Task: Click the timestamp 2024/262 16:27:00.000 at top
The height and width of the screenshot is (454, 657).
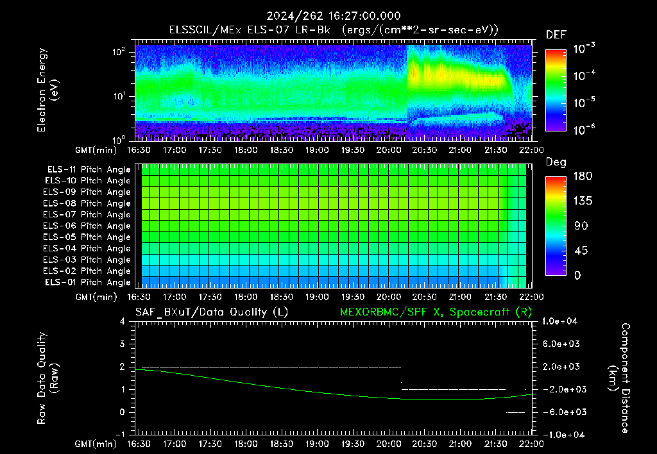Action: point(334,16)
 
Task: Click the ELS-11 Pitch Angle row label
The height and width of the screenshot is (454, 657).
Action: point(89,170)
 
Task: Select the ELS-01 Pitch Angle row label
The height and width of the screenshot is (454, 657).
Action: point(87,283)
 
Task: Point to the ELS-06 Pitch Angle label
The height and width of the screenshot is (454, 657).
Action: point(87,226)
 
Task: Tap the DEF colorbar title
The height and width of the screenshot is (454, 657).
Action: point(556,35)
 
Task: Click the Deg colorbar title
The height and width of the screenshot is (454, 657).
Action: point(556,162)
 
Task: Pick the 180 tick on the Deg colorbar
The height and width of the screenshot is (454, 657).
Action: point(583,176)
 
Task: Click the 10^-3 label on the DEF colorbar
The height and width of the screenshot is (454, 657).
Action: point(584,48)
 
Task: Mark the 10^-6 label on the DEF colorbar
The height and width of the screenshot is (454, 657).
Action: point(584,130)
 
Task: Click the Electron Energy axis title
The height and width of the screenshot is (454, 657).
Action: point(47,90)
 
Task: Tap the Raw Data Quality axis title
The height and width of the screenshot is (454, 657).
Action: point(47,378)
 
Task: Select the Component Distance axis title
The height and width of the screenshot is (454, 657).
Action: point(619,378)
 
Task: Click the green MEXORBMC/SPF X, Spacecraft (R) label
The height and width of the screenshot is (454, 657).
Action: point(436,312)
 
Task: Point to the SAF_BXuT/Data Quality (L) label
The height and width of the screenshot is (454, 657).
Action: point(212,312)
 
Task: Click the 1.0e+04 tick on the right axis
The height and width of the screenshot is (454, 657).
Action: point(559,321)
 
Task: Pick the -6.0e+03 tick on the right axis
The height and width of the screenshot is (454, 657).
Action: point(559,412)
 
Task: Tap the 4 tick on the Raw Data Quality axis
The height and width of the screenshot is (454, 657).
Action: point(123,321)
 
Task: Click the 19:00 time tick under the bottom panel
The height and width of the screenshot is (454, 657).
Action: point(317,444)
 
